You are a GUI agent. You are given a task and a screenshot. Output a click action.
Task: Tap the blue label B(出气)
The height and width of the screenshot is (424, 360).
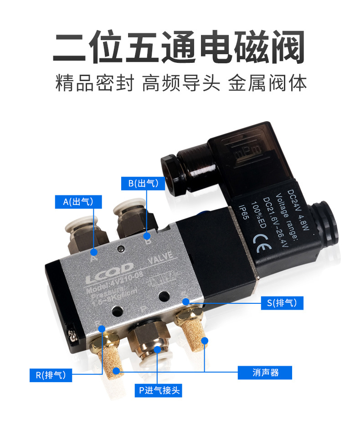click(143, 183)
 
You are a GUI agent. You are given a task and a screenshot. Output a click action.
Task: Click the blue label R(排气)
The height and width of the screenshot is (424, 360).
click(51, 375)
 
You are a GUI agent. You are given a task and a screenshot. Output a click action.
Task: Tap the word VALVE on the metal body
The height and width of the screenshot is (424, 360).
click(160, 258)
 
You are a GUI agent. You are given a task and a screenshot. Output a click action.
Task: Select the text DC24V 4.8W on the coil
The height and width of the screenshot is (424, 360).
click(298, 211)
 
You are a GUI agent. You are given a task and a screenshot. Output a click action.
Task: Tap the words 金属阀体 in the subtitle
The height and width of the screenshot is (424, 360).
click(267, 84)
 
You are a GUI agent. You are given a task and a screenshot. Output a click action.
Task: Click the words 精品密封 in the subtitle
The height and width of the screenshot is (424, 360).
click(94, 84)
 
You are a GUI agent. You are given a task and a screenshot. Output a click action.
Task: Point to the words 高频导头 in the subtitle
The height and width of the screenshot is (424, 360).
click(181, 84)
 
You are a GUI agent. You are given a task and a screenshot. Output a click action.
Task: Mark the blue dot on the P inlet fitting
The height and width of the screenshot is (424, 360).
click(157, 350)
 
